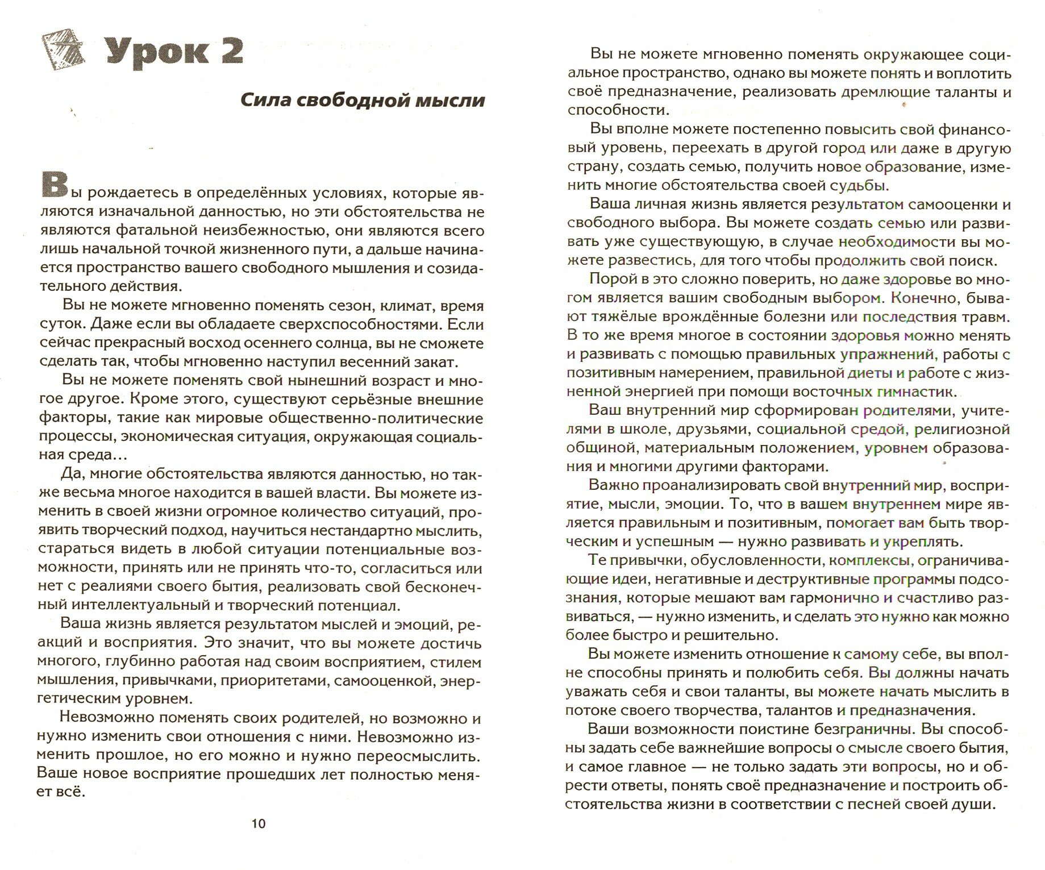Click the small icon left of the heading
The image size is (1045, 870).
click(x=63, y=51)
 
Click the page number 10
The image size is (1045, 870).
click(x=259, y=824)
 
